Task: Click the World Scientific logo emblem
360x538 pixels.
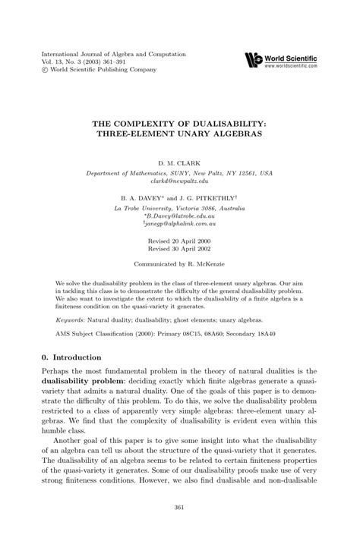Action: (x=253, y=59)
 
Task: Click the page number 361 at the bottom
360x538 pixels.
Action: (x=180, y=508)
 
